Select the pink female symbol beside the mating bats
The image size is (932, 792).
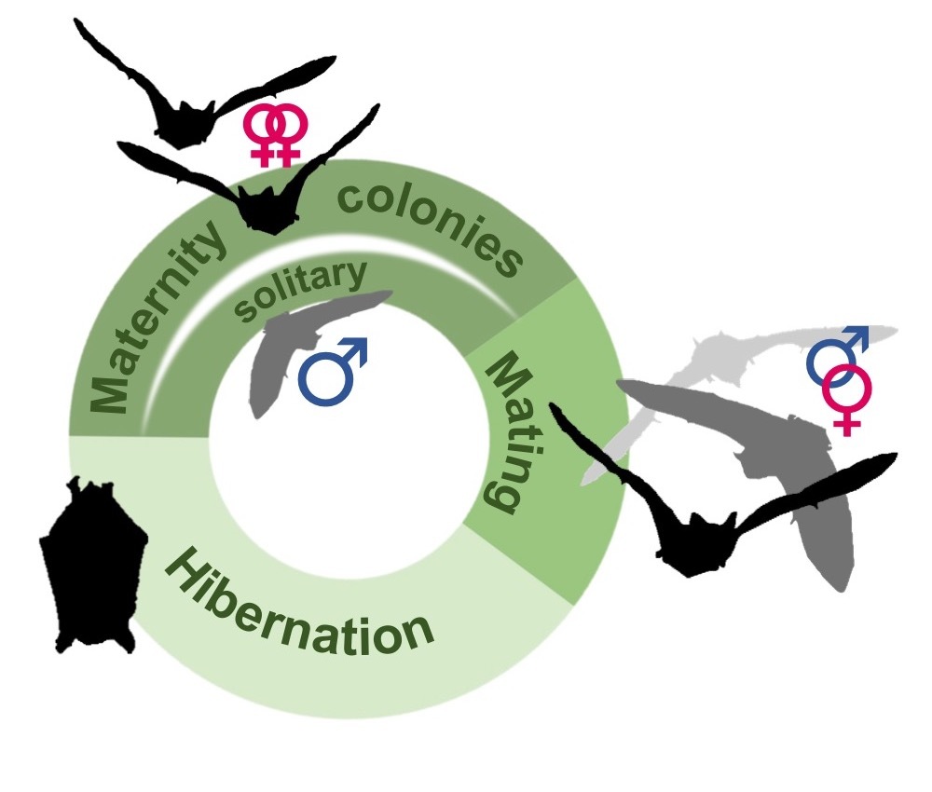point(845,396)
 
